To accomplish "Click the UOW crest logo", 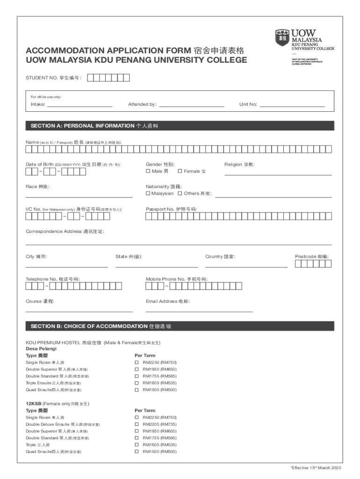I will coord(282,37).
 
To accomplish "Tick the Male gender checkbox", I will coord(148,171).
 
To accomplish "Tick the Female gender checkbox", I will coord(180,171).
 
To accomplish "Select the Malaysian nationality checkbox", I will coord(148,193).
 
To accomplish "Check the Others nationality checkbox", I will coord(180,193).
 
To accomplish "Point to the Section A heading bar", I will coord(180,126).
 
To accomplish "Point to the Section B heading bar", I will coord(180,326).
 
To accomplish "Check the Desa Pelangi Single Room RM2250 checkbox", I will coord(137,363).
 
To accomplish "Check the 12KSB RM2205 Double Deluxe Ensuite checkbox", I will coord(137,424).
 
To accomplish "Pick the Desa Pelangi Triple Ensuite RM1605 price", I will coord(159,383).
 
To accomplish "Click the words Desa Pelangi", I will coord(41,349).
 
